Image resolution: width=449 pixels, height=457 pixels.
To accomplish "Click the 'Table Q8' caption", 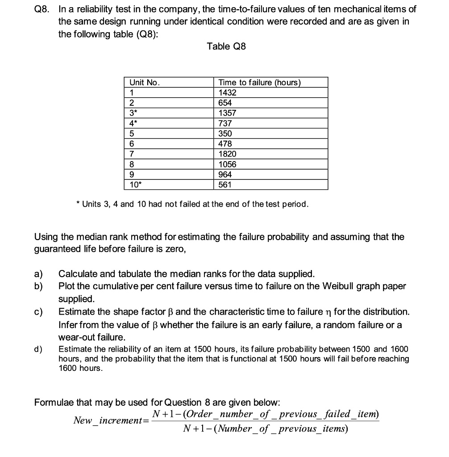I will (x=226, y=46).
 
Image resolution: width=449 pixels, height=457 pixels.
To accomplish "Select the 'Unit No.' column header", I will (x=144, y=83).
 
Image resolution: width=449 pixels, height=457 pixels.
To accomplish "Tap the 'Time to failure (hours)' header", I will (x=259, y=83).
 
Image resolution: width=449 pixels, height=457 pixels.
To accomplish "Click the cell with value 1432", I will (x=228, y=93).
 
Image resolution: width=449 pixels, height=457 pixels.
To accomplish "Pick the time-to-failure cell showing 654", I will (x=225, y=103).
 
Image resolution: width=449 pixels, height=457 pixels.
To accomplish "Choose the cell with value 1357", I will (x=228, y=113).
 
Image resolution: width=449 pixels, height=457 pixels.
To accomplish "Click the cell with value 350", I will (x=225, y=133).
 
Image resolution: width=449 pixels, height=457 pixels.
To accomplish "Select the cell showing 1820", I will (x=228, y=154).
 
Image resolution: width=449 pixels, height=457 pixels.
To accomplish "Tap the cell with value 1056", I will (x=228, y=164).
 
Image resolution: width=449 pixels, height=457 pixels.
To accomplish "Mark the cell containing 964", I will (x=225, y=174).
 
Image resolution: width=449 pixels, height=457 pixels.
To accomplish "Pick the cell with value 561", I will (x=225, y=185).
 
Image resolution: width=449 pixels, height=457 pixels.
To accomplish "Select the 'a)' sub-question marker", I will (x=39, y=274).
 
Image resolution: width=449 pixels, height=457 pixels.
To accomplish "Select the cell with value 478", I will (x=225, y=144).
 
